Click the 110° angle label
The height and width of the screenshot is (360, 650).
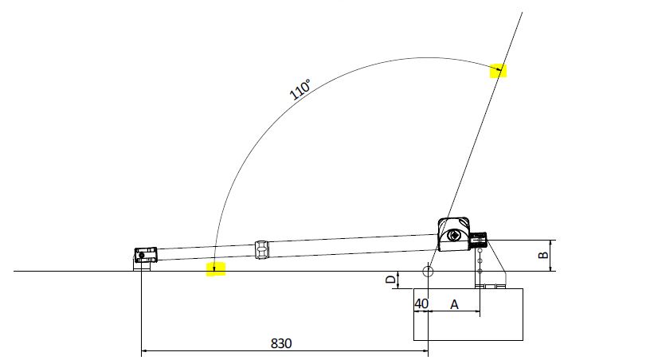tap(300, 88)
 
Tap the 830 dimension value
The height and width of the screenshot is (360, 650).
tap(281, 343)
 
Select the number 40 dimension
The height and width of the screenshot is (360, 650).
tap(421, 304)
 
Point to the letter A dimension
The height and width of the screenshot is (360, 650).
tap(455, 304)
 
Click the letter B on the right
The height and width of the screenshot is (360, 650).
tap(543, 256)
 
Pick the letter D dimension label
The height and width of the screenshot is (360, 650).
tap(390, 280)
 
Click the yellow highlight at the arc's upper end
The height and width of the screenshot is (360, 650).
tap(498, 70)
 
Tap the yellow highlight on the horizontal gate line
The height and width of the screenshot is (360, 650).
tap(216, 268)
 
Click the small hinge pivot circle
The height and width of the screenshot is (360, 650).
tap(429, 271)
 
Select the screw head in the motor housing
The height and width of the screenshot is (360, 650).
tap(454, 235)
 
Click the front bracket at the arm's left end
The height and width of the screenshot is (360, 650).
tap(144, 255)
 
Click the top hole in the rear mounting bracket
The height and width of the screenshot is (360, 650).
tap(480, 250)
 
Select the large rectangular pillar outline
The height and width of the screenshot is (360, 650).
tap(468, 315)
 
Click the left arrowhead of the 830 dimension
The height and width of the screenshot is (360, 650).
tap(144, 350)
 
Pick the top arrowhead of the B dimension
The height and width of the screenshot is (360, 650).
tap(551, 242)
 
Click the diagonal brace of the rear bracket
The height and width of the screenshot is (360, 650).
tap(497, 256)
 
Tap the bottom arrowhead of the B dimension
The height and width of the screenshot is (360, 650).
tap(551, 269)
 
